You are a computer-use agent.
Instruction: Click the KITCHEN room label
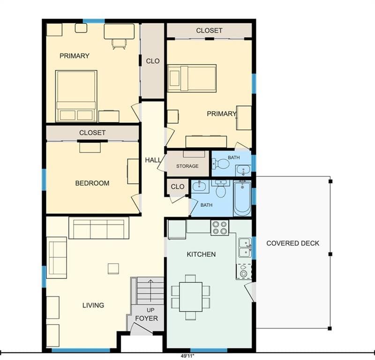coord(201,254)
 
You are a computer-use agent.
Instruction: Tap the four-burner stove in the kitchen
coord(220,228)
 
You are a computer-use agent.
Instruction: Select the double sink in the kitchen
coord(245,247)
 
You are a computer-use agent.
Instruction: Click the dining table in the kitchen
coord(191,297)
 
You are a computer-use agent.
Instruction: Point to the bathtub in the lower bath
coord(242,199)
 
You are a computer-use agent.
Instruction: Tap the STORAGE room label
coord(187,166)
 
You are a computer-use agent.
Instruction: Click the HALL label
coord(153,160)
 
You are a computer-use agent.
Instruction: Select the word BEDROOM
coord(92,183)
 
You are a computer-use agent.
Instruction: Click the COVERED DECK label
coord(292,243)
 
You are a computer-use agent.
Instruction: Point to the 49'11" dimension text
coord(187,356)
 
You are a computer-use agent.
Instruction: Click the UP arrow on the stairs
coord(150,291)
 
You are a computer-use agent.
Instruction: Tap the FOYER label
coord(146,318)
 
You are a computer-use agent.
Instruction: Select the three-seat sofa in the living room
coord(99,228)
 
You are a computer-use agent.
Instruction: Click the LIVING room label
coord(93,305)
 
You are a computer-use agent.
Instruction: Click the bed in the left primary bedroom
coord(76,96)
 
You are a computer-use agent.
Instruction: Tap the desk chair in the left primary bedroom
coord(119,44)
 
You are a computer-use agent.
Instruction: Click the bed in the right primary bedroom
coord(192,78)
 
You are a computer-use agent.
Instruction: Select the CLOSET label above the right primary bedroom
coord(209,30)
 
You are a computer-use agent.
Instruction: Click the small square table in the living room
coord(113,269)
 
